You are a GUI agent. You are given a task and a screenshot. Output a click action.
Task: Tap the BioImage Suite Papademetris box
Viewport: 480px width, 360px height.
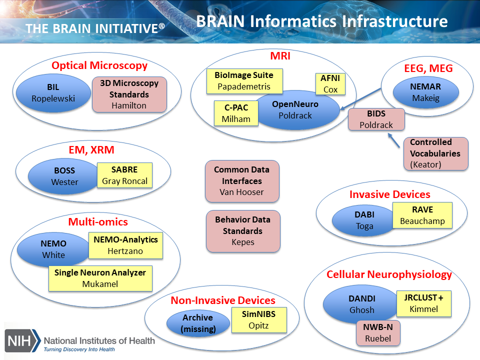[x=244, y=81]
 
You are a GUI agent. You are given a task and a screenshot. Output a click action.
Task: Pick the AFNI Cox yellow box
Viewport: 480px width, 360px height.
[x=330, y=84]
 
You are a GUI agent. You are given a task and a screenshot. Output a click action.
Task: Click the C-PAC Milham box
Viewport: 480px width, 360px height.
[x=236, y=113]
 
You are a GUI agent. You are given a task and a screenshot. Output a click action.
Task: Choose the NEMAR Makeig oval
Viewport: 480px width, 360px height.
[x=425, y=92]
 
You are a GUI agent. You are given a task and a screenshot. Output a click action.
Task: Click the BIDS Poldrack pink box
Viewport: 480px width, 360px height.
[x=376, y=119]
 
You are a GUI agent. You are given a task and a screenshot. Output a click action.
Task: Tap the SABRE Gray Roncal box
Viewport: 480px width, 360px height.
[x=124, y=175]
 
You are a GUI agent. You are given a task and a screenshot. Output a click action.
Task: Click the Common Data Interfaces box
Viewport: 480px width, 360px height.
[x=241, y=181]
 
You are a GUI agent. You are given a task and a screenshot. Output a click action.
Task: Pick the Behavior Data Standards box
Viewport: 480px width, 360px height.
[x=242, y=230]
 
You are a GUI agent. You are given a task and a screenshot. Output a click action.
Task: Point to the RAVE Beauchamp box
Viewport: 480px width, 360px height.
[x=422, y=215]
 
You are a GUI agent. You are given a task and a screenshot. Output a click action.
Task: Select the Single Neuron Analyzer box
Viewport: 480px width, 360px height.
[x=100, y=278]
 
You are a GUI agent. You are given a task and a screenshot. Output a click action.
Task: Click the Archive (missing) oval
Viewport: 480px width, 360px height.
[x=197, y=323]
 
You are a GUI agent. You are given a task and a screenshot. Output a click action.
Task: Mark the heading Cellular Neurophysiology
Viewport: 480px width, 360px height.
[x=389, y=274]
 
